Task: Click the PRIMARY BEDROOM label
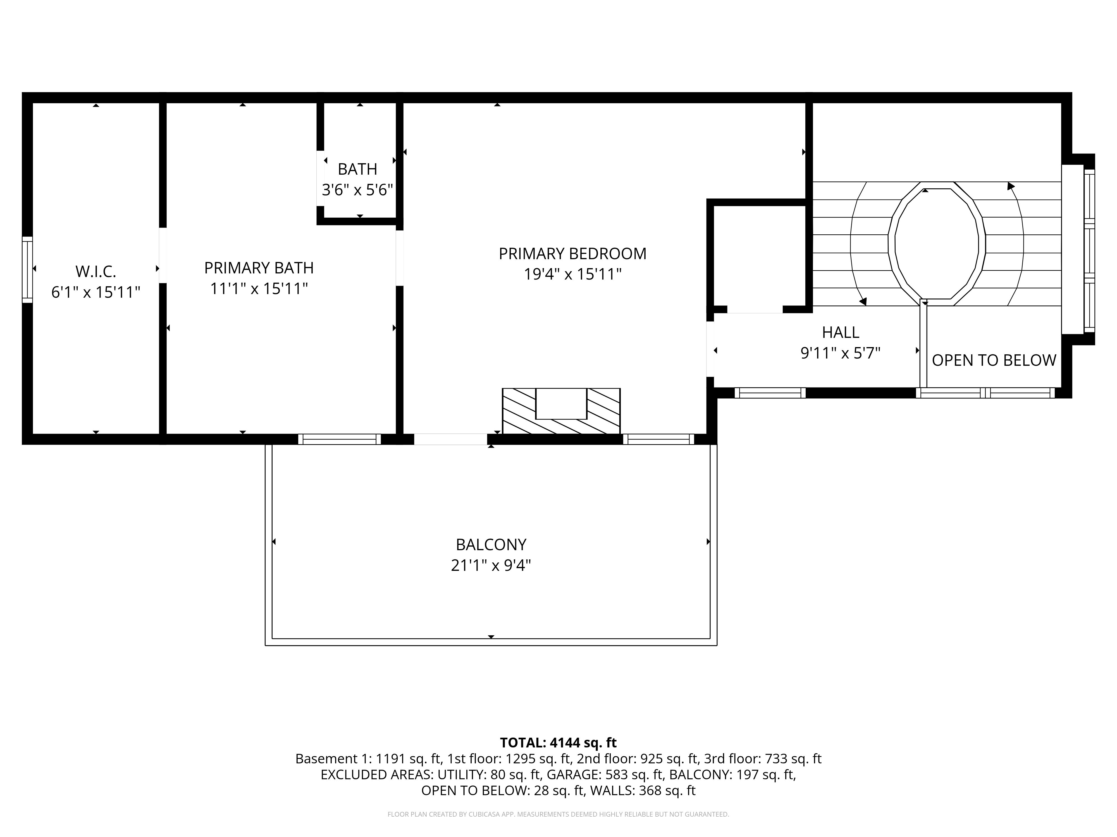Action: [x=572, y=254]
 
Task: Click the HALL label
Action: [x=840, y=333]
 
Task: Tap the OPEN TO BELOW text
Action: [x=993, y=360]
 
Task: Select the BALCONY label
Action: [x=491, y=544]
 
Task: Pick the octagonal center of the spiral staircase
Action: [x=936, y=244]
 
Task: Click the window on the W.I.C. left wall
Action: [x=27, y=270]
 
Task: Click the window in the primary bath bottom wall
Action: [x=339, y=439]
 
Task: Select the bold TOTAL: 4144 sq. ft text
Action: [x=558, y=743]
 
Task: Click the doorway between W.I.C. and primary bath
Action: [x=163, y=255]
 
